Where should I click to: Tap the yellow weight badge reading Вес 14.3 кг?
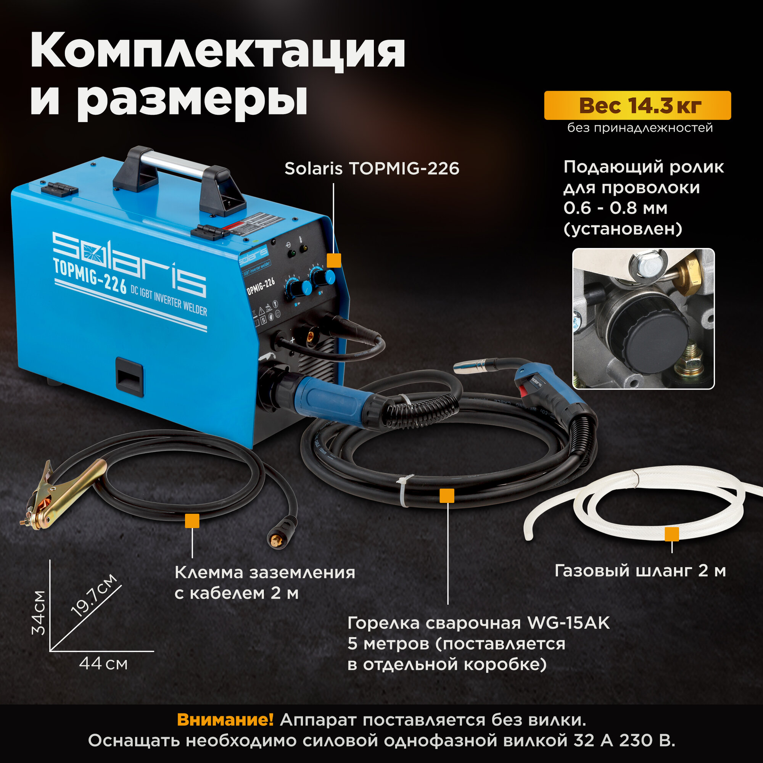[x=637, y=105]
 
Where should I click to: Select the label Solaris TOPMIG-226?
[x=372, y=169]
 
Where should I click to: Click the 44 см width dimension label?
[x=103, y=663]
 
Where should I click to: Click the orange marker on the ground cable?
[x=192, y=521]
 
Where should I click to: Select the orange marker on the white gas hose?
[x=672, y=534]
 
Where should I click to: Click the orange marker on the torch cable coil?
[x=447, y=496]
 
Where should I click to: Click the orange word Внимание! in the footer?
[x=225, y=720]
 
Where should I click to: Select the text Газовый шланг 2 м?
[x=640, y=571]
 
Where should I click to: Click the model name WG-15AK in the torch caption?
[x=569, y=623]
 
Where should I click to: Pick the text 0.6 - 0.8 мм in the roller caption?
[x=615, y=208]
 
